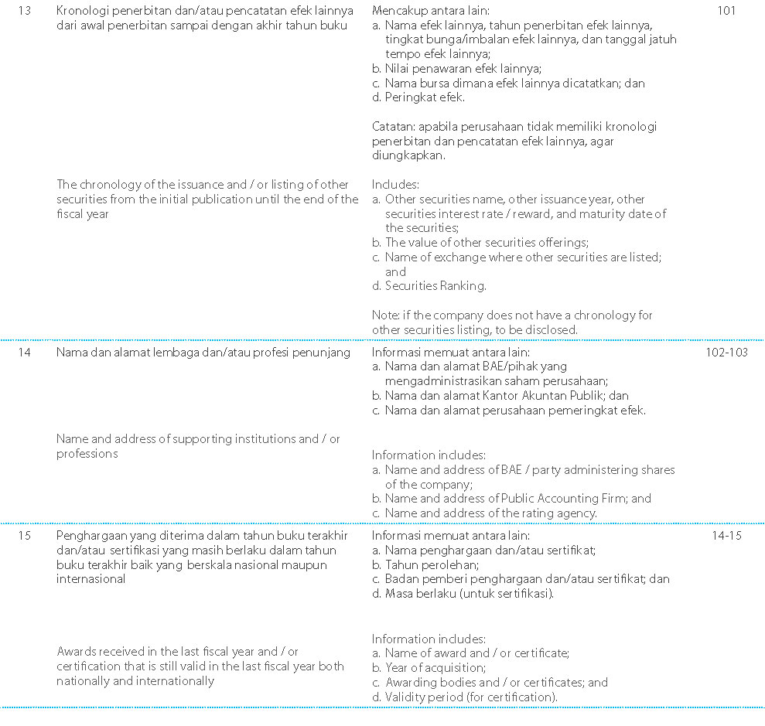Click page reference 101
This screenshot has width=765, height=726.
(x=726, y=12)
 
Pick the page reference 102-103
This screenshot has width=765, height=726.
(x=726, y=353)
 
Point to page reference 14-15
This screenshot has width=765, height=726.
(x=726, y=535)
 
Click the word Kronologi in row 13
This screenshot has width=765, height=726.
(x=82, y=12)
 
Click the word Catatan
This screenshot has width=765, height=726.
(x=394, y=126)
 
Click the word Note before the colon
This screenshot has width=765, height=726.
(x=384, y=315)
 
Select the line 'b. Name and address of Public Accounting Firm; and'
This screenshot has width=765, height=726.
(x=511, y=499)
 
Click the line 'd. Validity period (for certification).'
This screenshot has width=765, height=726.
(x=464, y=697)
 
